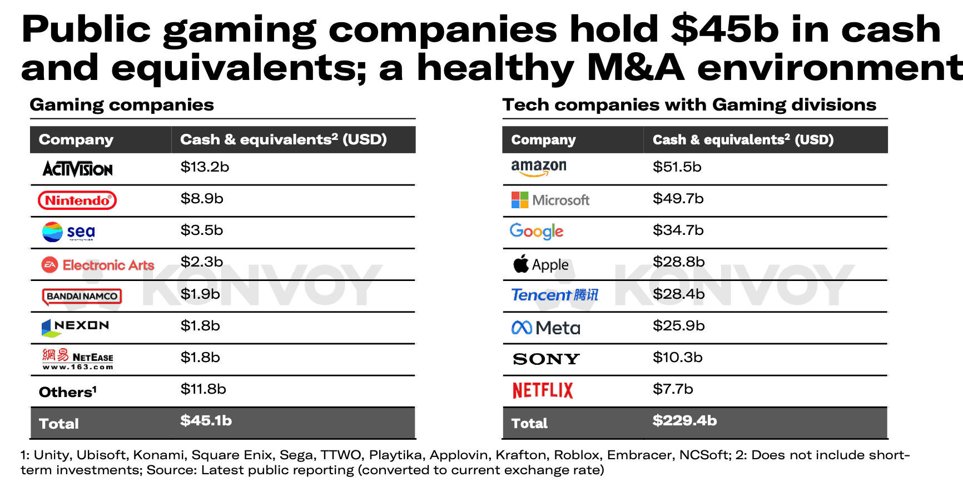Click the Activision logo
[x=78, y=169]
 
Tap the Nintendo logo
[x=77, y=200]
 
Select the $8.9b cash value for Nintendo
[x=202, y=199]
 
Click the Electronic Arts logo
[x=98, y=265]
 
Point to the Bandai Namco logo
[x=82, y=297]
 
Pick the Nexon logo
[x=76, y=327]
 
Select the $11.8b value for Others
[x=203, y=389]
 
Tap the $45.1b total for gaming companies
[x=206, y=421]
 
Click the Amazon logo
[x=538, y=168]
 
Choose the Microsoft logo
[x=550, y=200]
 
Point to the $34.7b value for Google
[x=678, y=230]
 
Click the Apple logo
[x=540, y=264]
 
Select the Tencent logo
[x=554, y=295]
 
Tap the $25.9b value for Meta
[x=678, y=326]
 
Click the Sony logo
[x=546, y=359]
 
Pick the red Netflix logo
[x=542, y=390]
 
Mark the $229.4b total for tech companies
[x=684, y=421]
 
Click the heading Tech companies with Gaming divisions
[x=689, y=105]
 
